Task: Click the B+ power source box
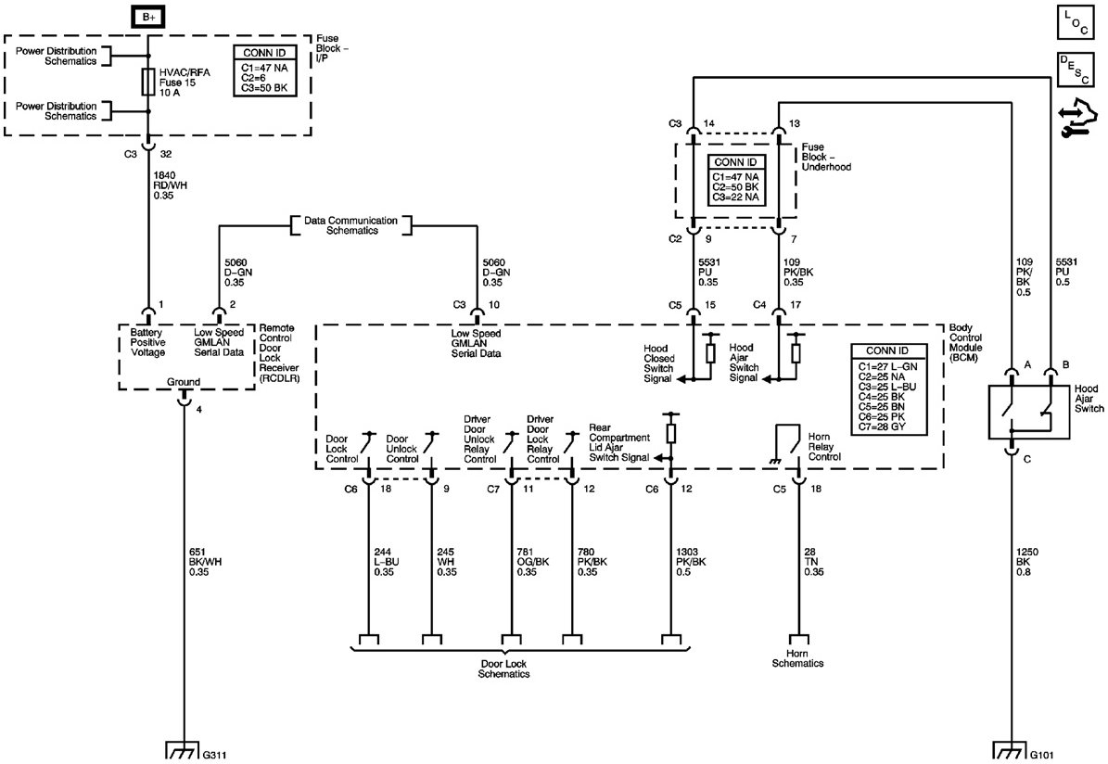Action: click(x=148, y=16)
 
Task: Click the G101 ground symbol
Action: click(x=1010, y=748)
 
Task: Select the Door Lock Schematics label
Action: click(x=504, y=668)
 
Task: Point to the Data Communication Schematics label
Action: click(x=350, y=224)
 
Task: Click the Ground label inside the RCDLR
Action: click(x=182, y=380)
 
